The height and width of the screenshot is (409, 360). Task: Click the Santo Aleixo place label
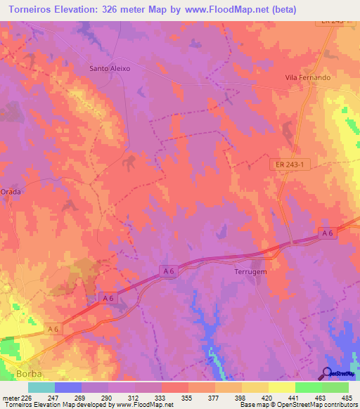click(110, 69)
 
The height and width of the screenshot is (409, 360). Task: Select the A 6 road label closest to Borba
click(53, 328)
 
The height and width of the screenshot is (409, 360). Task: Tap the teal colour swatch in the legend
click(41, 387)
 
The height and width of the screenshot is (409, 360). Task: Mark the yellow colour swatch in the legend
click(282, 387)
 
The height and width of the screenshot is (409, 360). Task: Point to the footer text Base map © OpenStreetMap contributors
click(298, 405)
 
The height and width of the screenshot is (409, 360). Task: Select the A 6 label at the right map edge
click(327, 233)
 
